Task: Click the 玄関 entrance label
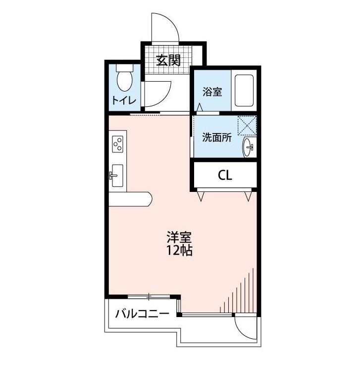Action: coord(168,60)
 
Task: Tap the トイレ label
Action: coord(124,100)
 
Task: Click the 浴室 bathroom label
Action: coord(212,92)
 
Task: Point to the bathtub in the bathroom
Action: coord(244,91)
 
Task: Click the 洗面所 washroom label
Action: coord(217,137)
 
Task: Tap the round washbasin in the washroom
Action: coord(248,147)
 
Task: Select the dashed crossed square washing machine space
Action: coord(247,126)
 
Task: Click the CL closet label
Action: coord(225,175)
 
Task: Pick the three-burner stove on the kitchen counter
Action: coord(118,144)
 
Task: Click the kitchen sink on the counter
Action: coord(117,176)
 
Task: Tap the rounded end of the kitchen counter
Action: coord(149,199)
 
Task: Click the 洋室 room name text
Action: coord(179,237)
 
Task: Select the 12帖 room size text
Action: coord(179,250)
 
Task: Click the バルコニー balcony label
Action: coord(142,314)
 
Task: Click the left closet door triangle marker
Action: coord(201,196)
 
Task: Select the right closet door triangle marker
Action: coord(249,196)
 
